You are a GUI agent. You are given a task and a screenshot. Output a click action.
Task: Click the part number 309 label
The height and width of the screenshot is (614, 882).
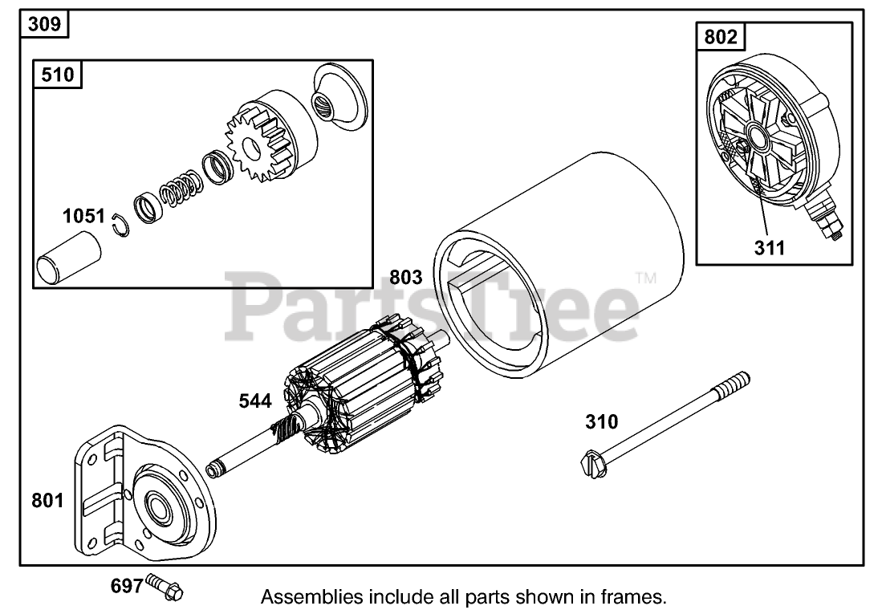[x=44, y=24]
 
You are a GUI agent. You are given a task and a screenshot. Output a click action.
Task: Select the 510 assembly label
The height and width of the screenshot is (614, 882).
[x=57, y=75]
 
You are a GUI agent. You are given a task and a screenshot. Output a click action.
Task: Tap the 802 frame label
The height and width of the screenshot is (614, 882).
[x=719, y=37]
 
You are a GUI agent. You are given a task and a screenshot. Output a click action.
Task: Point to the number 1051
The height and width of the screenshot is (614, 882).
[x=84, y=217]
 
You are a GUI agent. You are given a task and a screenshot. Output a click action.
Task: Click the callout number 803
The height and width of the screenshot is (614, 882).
[x=405, y=278]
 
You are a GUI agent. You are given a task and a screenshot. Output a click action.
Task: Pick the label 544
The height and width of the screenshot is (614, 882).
[x=255, y=401]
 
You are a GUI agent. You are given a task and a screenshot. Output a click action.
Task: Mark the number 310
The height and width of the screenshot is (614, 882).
[x=602, y=421]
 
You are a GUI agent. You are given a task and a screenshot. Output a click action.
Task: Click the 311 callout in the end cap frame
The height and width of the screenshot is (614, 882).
[x=769, y=247]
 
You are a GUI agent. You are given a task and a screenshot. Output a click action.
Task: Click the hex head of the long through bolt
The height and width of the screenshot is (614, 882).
[x=591, y=465]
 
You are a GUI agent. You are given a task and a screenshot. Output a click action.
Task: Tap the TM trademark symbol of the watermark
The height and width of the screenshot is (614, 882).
[x=645, y=279]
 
